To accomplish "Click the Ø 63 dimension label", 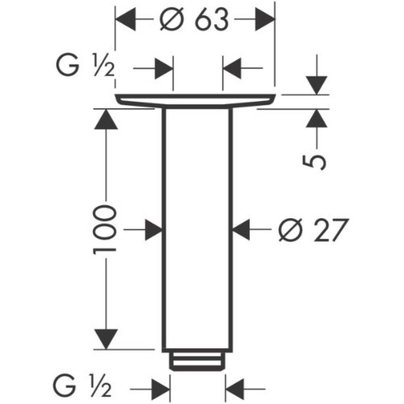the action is [194, 19].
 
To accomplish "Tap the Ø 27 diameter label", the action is [314, 229].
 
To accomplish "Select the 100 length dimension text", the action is [105, 229].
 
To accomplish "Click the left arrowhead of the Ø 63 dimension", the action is [125, 19].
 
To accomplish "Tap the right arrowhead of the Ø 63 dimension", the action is [265, 19].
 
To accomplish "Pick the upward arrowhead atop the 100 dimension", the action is [106, 119].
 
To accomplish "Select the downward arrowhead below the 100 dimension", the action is [106, 339].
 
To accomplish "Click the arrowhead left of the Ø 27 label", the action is [242, 229].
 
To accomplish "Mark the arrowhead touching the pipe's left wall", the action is [154, 229].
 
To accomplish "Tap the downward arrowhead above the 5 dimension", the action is [317, 86].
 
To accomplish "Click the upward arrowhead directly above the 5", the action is [317, 118].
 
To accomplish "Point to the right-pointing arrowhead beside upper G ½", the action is [164, 68].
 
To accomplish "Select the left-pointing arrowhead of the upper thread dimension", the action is [232, 68].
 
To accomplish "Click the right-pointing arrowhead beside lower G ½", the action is [161, 389].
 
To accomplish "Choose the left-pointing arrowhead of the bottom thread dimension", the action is [235, 389].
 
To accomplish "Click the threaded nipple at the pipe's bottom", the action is [197, 361].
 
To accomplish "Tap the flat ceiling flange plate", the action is [196, 101].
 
